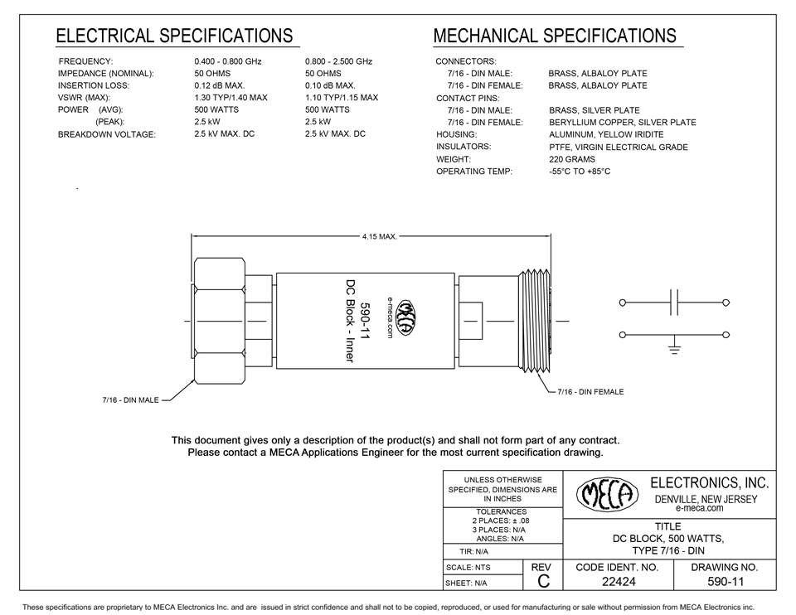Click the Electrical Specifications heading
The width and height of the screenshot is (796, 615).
[x=173, y=36]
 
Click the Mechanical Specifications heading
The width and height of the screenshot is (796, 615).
[x=554, y=36]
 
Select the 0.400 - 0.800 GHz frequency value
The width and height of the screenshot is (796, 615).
[x=229, y=62]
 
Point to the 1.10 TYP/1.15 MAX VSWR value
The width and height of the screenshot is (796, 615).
[x=342, y=98]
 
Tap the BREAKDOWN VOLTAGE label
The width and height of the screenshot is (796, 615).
[x=106, y=134]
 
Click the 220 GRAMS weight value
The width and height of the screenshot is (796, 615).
[x=573, y=159]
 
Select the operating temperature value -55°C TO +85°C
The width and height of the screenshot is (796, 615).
[x=579, y=172]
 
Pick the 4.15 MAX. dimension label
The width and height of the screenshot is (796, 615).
[x=379, y=237]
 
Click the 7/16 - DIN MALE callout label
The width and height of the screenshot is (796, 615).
[x=130, y=401]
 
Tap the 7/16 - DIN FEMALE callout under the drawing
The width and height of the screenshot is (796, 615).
[x=590, y=391]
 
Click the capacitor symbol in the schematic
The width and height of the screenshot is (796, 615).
[x=675, y=303]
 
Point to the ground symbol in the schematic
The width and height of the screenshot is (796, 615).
[x=675, y=346]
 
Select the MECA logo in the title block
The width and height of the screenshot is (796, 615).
[x=607, y=495]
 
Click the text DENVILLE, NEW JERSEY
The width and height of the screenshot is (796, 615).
[x=706, y=499]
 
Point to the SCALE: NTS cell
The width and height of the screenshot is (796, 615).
[x=469, y=568]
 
